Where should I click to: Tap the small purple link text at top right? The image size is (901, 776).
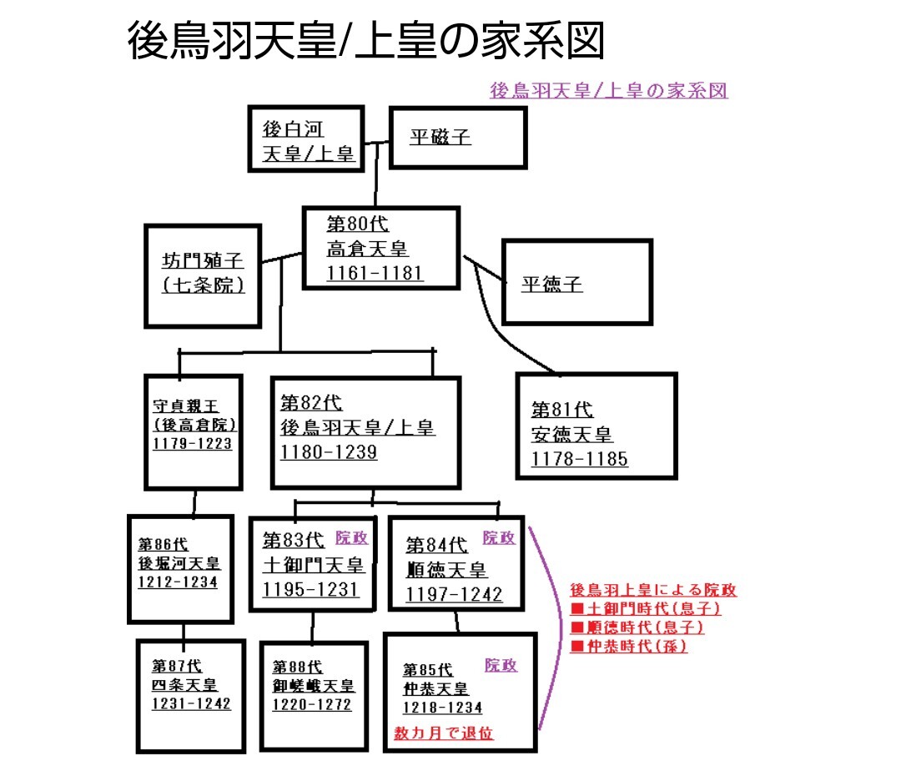pyautogui.click(x=608, y=90)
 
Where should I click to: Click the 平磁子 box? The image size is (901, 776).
pyautogui.click(x=457, y=138)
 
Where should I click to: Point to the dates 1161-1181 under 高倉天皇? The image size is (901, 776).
pyautogui.click(x=375, y=273)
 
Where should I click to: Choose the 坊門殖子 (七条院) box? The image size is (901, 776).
pyautogui.click(x=203, y=274)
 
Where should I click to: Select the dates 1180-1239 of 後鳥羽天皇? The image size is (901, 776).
pyautogui.click(x=329, y=452)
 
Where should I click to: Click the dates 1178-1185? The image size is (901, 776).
pyautogui.click(x=580, y=459)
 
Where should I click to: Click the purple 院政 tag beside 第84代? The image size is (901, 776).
pyautogui.click(x=499, y=538)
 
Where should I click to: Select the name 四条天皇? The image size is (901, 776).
pyautogui.click(x=184, y=685)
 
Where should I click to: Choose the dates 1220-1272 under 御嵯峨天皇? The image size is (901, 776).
pyautogui.click(x=312, y=704)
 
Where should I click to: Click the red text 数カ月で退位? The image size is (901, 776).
pyautogui.click(x=444, y=733)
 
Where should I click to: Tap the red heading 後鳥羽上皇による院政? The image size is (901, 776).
pyautogui.click(x=652, y=590)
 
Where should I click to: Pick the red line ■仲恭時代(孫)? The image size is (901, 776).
pyautogui.click(x=629, y=646)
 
